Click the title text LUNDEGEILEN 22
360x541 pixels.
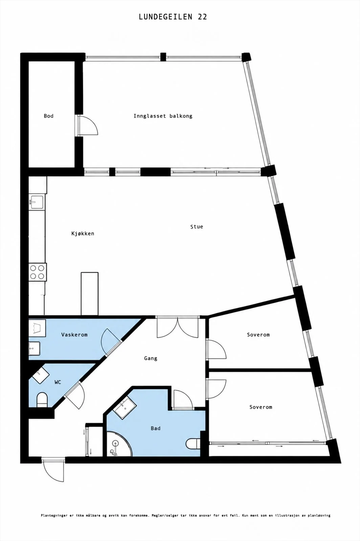173,17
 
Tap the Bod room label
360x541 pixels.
49,116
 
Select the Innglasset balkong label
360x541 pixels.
163,116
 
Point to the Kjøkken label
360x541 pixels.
83,234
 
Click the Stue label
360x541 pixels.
197,227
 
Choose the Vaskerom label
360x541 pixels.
74,335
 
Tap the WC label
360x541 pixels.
58,382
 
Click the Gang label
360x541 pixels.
151,358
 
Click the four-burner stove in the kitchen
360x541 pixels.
38,272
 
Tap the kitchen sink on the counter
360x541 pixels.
37,202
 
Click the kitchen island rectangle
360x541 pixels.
90,294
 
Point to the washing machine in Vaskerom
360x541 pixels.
37,328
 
